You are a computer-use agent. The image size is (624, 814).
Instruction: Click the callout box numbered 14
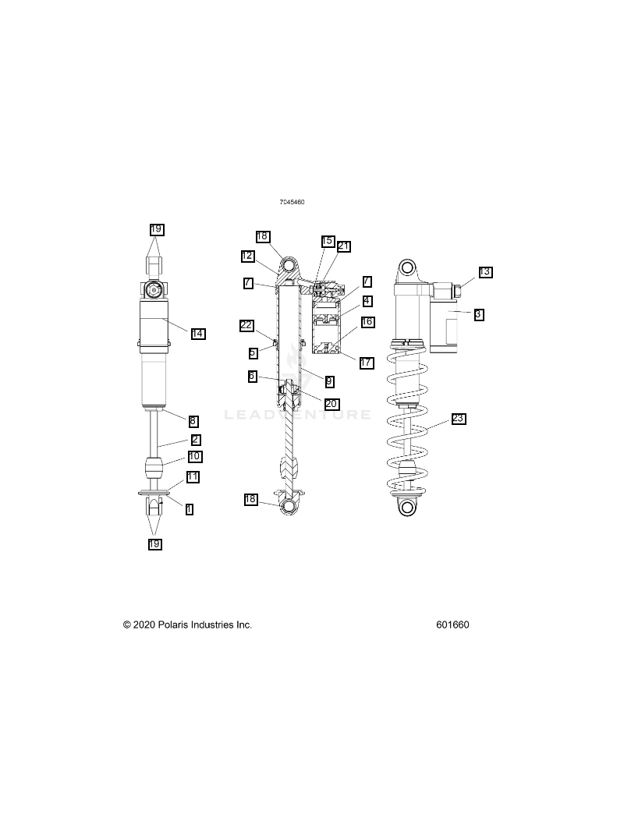(x=198, y=334)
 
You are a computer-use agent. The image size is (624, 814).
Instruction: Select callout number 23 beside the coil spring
(x=459, y=419)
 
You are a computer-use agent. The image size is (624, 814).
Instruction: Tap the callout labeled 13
(x=485, y=272)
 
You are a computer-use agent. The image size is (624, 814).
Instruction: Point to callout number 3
(x=479, y=314)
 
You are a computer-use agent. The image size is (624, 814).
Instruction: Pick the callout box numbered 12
(x=247, y=256)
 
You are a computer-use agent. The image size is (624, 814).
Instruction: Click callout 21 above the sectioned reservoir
(x=344, y=246)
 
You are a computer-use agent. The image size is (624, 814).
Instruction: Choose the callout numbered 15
(x=327, y=241)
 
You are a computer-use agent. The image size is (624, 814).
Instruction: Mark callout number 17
(x=367, y=363)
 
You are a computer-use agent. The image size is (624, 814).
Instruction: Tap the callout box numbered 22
(x=246, y=325)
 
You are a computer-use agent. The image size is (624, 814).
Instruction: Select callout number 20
(x=331, y=404)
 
